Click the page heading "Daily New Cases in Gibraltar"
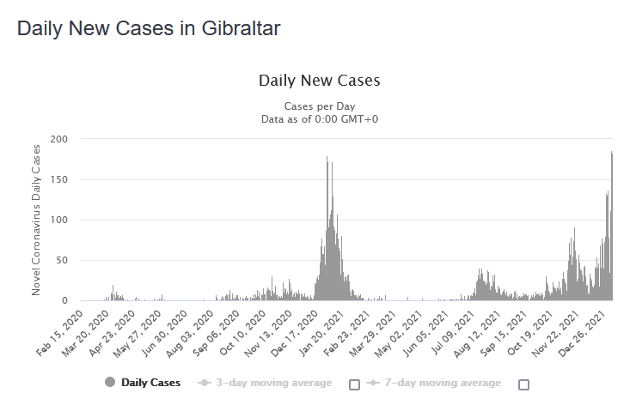(149, 28)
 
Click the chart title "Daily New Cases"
(319, 81)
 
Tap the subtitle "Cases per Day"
(319, 106)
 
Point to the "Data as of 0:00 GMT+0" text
(319, 118)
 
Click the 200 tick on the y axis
(60, 139)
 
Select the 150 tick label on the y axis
(60, 179)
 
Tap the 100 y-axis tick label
(60, 220)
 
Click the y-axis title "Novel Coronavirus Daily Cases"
(36, 220)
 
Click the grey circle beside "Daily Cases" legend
(110, 383)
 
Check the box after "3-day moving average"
(354, 384)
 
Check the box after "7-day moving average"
(523, 384)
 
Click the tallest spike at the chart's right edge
(611, 154)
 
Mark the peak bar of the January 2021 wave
(327, 159)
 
